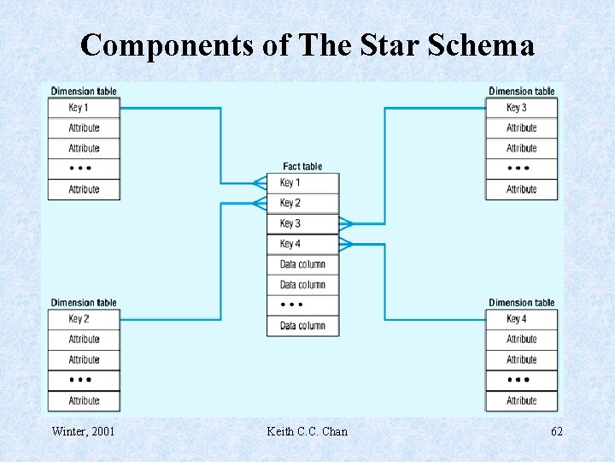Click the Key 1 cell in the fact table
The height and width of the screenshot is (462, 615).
pos(302,182)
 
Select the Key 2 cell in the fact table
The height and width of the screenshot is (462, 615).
pos(302,203)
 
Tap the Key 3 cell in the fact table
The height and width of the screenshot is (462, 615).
pos(302,223)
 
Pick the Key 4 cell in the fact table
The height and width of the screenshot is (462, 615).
pos(302,244)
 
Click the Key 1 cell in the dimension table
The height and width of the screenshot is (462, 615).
pos(84,108)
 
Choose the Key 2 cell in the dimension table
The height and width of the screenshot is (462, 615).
pos(84,318)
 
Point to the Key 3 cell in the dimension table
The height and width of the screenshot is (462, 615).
pos(521,108)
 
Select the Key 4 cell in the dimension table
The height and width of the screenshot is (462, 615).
pos(521,319)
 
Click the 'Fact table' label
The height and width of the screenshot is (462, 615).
pos(302,166)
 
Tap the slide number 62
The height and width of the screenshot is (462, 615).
pos(556,431)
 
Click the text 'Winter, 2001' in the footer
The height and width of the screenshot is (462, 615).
pos(83,431)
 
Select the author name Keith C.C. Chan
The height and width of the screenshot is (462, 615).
pos(307,431)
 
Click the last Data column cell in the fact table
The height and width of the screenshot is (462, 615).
pos(302,326)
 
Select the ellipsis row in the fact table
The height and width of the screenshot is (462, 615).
pos(302,305)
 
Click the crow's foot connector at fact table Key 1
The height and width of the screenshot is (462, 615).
pos(260,182)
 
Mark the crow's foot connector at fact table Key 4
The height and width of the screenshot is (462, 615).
pos(345,244)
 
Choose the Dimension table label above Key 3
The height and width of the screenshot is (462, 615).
pos(521,92)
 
